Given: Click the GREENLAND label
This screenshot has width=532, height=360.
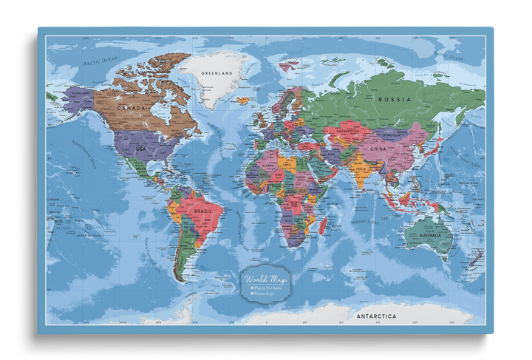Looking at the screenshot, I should pyautogui.click(x=217, y=74).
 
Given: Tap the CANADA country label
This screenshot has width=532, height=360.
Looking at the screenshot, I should pyautogui.click(x=132, y=108).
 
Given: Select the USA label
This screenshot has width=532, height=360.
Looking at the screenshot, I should pyautogui.click(x=140, y=149).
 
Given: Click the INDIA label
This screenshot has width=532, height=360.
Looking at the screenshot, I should pyautogui.click(x=360, y=169).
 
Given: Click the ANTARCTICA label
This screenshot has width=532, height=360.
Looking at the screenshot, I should pyautogui.click(x=376, y=316).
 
